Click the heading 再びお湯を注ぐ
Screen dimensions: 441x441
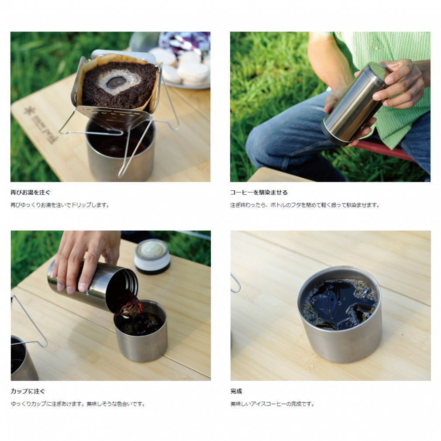pos(31,193)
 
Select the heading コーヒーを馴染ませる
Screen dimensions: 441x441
pos(259,193)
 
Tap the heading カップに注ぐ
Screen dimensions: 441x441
pos(28,391)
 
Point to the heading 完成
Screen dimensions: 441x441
pos(236,391)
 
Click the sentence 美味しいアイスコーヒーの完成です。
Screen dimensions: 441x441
pos(272,404)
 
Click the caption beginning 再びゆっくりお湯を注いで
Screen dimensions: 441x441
pos(60,205)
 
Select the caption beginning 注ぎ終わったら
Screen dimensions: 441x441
pos(305,205)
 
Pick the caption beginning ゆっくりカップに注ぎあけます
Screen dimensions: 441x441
pos(78,404)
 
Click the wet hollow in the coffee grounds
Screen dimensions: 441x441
pos(116,82)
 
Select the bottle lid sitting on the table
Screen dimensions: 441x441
pos(152,256)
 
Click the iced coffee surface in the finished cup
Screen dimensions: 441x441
pos(339,304)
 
